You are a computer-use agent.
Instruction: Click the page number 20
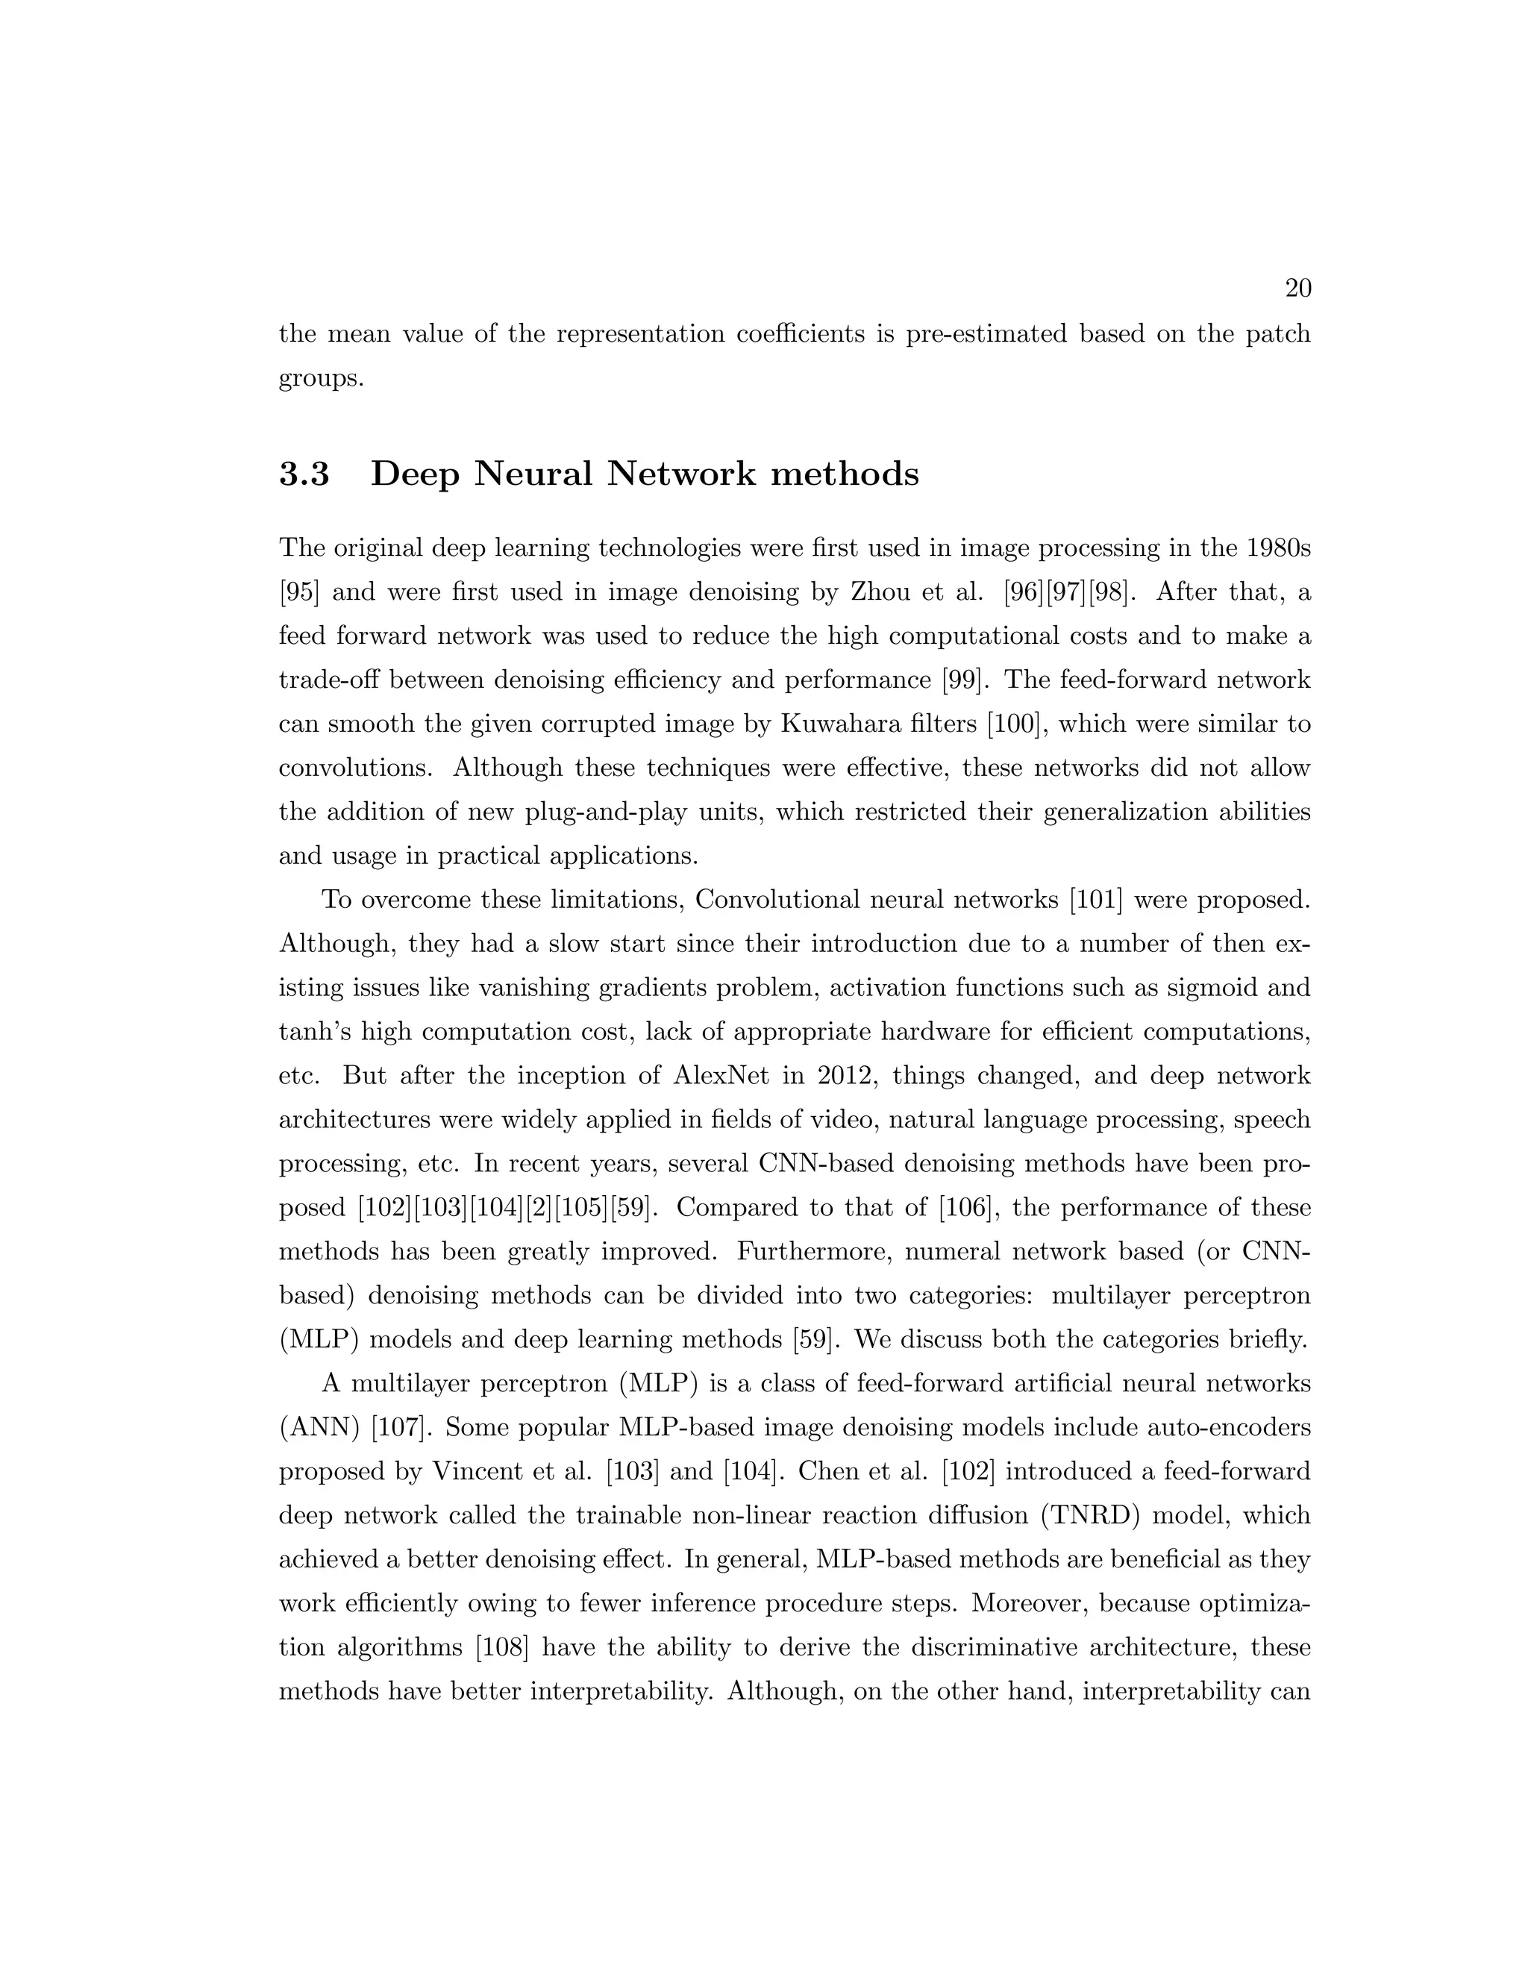[1297, 289]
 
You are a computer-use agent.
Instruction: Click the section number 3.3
[304, 474]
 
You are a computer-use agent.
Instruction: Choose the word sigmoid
[1202, 988]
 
